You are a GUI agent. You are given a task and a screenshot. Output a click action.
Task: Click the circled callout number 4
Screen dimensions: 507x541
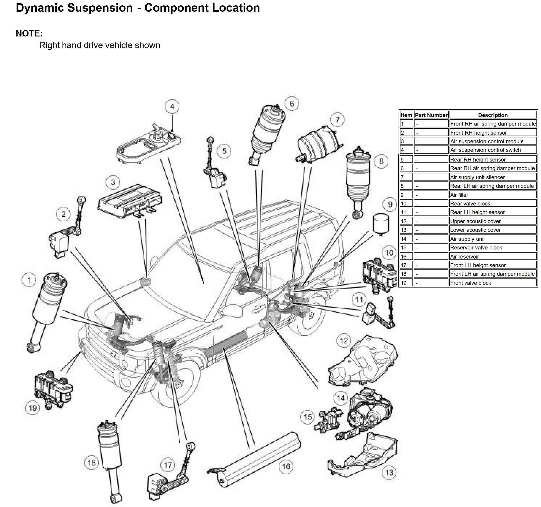pyautogui.click(x=172, y=106)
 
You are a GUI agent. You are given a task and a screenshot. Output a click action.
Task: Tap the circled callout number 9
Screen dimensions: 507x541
pyautogui.click(x=390, y=204)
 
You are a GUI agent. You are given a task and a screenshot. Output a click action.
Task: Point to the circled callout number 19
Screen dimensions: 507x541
pyautogui.click(x=33, y=408)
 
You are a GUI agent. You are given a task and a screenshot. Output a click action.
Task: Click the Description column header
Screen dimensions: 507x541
pyautogui.click(x=493, y=115)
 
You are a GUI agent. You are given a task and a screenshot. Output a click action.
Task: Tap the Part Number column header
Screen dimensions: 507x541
pyautogui.click(x=431, y=115)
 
